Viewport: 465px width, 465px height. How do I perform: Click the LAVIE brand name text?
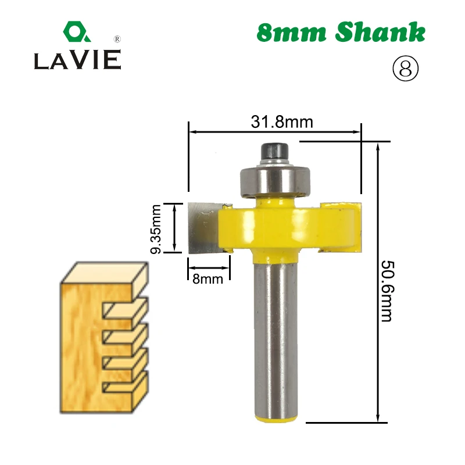click(x=78, y=60)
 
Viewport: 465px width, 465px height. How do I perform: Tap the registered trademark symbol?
click(x=117, y=39)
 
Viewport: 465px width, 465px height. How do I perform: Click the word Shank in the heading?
click(x=380, y=32)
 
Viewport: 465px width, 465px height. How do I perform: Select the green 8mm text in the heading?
click(x=292, y=33)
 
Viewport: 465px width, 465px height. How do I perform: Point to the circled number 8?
click(x=405, y=69)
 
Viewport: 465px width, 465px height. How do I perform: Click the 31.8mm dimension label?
click(x=282, y=122)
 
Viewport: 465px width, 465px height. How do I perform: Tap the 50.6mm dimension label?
click(x=387, y=291)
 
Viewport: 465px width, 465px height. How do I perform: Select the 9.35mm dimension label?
click(x=156, y=229)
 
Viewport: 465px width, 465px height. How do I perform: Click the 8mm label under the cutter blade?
click(x=208, y=279)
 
